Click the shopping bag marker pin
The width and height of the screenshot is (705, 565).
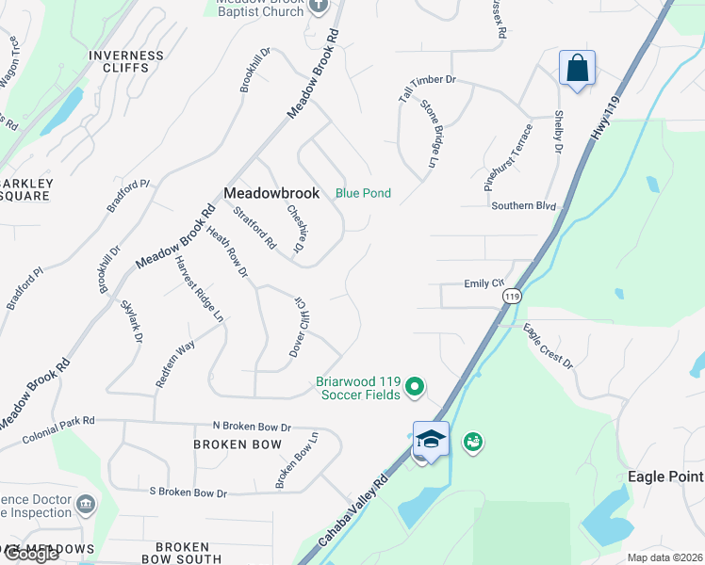point(577,69)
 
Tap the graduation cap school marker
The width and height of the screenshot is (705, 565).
point(431,440)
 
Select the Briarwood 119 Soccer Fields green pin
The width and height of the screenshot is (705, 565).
point(414,385)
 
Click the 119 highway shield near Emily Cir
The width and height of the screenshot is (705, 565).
point(512,296)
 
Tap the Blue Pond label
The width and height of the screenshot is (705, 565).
point(363,193)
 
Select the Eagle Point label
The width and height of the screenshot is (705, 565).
point(665,476)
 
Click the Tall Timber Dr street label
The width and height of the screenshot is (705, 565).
point(426,89)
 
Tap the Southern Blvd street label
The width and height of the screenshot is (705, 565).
point(524,206)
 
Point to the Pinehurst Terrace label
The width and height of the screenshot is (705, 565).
point(509,156)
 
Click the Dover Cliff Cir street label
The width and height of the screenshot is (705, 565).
point(303,326)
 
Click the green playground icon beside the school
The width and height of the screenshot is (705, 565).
point(472,441)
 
